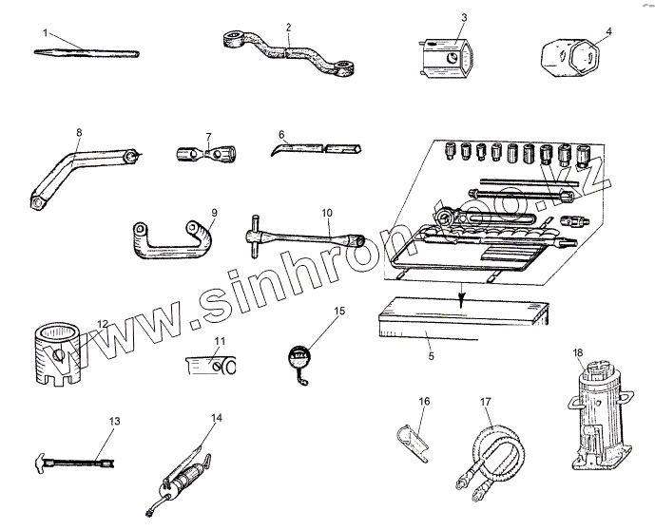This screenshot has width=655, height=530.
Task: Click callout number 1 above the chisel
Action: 45,32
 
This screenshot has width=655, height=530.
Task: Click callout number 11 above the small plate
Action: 220,341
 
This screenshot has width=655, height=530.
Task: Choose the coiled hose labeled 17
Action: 494,448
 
